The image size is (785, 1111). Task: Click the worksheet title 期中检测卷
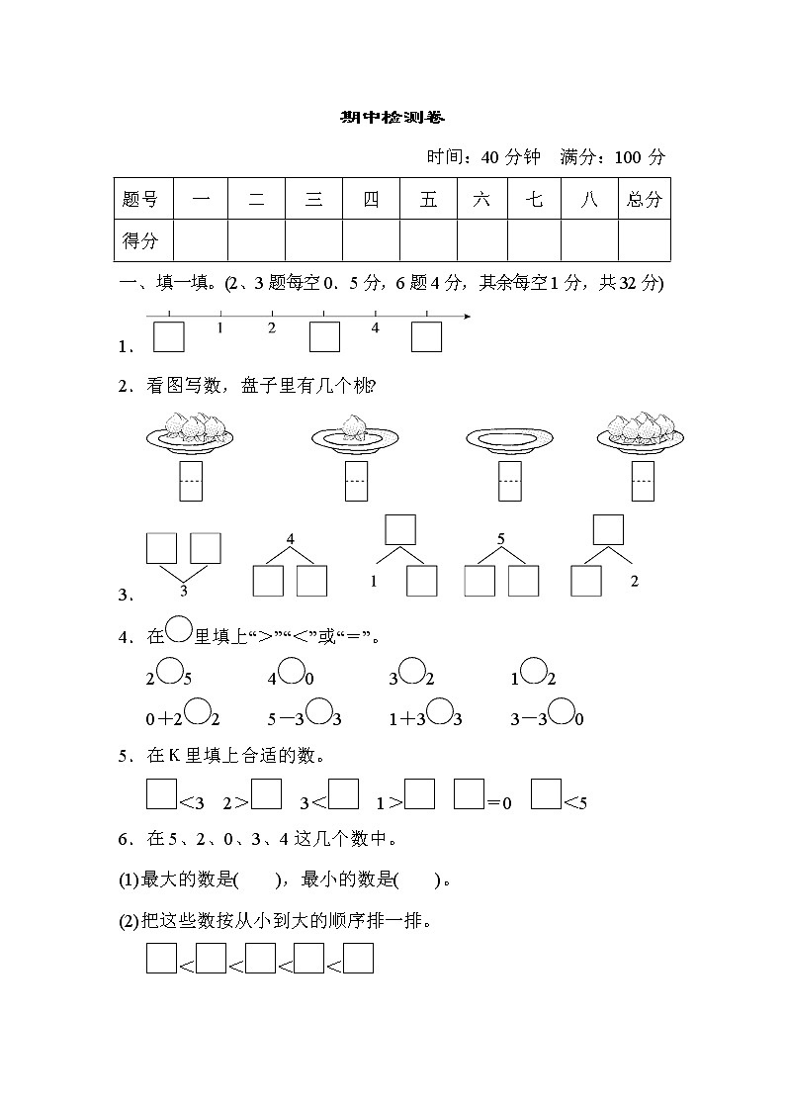click(392, 118)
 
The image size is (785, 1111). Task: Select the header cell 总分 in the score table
click(644, 199)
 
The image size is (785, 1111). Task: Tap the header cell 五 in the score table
click(428, 199)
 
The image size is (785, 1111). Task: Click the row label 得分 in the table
click(139, 240)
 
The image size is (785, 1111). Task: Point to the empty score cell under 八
click(589, 240)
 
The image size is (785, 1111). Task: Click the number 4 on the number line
click(375, 327)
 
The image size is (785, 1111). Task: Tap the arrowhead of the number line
click(467, 317)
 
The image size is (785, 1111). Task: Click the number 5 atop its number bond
click(501, 539)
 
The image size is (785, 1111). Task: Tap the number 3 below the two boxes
click(184, 592)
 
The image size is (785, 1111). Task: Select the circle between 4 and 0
click(291, 672)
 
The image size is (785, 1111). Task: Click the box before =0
click(469, 794)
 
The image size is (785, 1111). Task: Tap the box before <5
click(546, 794)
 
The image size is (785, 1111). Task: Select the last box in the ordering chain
click(358, 960)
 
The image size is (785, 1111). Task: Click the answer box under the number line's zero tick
click(169, 337)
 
